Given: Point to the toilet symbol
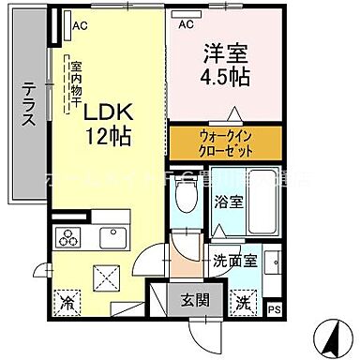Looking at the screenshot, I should pos(186,196).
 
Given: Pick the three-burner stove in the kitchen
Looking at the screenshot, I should pos(70,234).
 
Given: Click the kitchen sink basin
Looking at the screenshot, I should pos(112,234).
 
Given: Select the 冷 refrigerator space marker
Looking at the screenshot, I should pos(67,303).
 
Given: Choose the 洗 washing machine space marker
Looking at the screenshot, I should pos(243,302).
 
